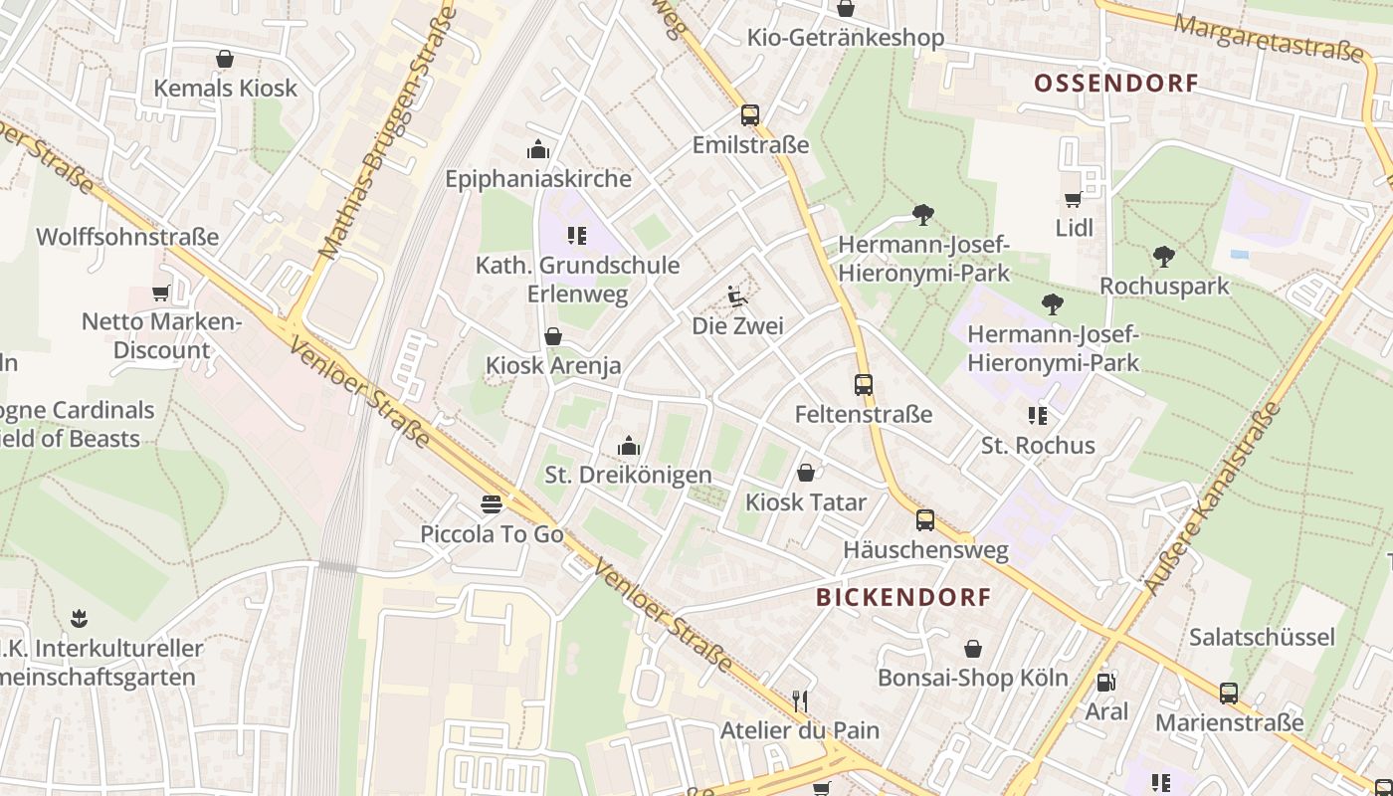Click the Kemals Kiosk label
225,88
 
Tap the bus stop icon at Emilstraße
750,114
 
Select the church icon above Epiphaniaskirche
538,149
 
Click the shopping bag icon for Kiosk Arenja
553,336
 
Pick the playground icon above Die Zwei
737,296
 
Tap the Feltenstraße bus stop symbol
864,384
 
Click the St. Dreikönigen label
628,475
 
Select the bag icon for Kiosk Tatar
806,472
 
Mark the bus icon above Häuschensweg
925,519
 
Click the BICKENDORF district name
903,597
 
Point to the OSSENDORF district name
1115,84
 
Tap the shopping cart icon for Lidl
1074,199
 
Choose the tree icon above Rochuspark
1164,257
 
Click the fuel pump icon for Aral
1105,682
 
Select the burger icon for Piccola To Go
491,504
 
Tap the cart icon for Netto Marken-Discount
160,293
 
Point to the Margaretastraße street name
1268,38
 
